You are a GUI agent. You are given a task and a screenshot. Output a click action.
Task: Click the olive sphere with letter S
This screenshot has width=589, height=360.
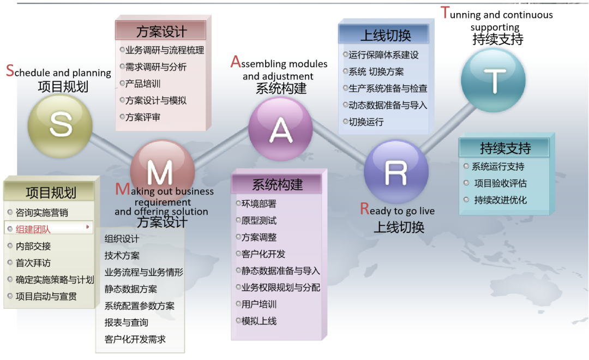(x=60, y=126)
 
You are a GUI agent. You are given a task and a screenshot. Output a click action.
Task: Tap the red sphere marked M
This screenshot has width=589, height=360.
(x=163, y=171)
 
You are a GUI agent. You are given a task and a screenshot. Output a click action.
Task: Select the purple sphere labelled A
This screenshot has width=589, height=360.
(x=280, y=129)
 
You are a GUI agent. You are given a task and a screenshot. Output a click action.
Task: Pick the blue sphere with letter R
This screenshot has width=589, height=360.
(x=396, y=171)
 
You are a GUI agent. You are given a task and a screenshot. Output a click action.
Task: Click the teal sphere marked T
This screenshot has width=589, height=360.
(x=493, y=80)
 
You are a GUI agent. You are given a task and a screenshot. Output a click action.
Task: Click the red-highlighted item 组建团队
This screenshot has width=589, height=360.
(x=33, y=229)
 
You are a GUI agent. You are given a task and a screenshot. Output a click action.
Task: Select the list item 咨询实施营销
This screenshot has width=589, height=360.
(x=41, y=213)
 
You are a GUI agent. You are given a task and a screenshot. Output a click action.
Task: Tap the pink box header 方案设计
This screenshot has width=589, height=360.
(x=161, y=31)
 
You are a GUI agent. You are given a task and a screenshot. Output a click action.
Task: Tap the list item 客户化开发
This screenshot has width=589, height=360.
(x=263, y=254)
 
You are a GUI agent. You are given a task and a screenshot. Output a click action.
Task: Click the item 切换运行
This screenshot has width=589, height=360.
(x=366, y=122)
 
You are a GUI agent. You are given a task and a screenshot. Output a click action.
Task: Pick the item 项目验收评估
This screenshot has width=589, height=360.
(x=500, y=183)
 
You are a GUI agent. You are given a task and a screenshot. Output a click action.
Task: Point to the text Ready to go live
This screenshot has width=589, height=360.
(x=398, y=209)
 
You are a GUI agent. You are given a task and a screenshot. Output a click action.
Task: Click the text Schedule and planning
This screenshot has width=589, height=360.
(x=58, y=71)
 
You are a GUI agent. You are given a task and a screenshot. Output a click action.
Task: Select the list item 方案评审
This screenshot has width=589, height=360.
(x=143, y=117)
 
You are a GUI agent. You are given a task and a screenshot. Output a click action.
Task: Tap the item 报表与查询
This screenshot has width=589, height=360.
(x=126, y=322)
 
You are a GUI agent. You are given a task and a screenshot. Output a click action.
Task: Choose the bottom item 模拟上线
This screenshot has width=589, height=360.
(x=259, y=321)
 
